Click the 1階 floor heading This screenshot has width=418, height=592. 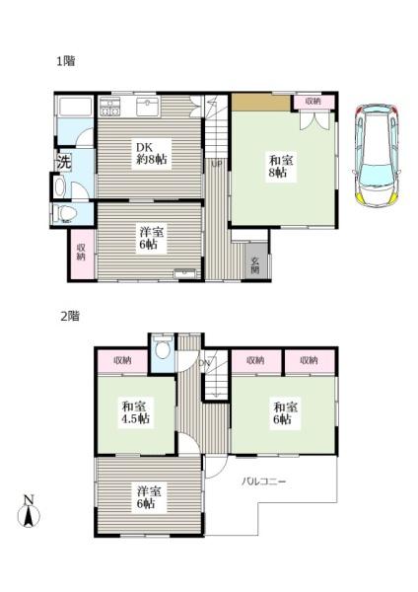[66, 61]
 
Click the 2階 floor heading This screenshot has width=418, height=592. [71, 316]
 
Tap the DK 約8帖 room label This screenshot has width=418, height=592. [151, 153]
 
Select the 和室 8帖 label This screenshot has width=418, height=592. [280, 166]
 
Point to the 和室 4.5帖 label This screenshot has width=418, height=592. [135, 412]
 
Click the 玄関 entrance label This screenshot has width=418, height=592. [255, 265]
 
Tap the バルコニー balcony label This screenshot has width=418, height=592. [263, 481]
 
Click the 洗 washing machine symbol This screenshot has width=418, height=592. [64, 163]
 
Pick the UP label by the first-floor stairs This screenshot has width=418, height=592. [217, 164]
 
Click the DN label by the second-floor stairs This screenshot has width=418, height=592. [204, 363]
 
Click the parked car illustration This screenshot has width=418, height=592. [377, 155]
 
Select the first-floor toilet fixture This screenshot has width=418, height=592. [64, 214]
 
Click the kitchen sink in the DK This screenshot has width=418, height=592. [148, 107]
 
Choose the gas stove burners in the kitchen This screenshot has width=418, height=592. [109, 107]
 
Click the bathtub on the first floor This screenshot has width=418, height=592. [74, 106]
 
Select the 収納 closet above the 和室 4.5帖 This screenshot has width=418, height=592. [122, 361]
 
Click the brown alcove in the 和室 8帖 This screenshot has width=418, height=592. [260, 103]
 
